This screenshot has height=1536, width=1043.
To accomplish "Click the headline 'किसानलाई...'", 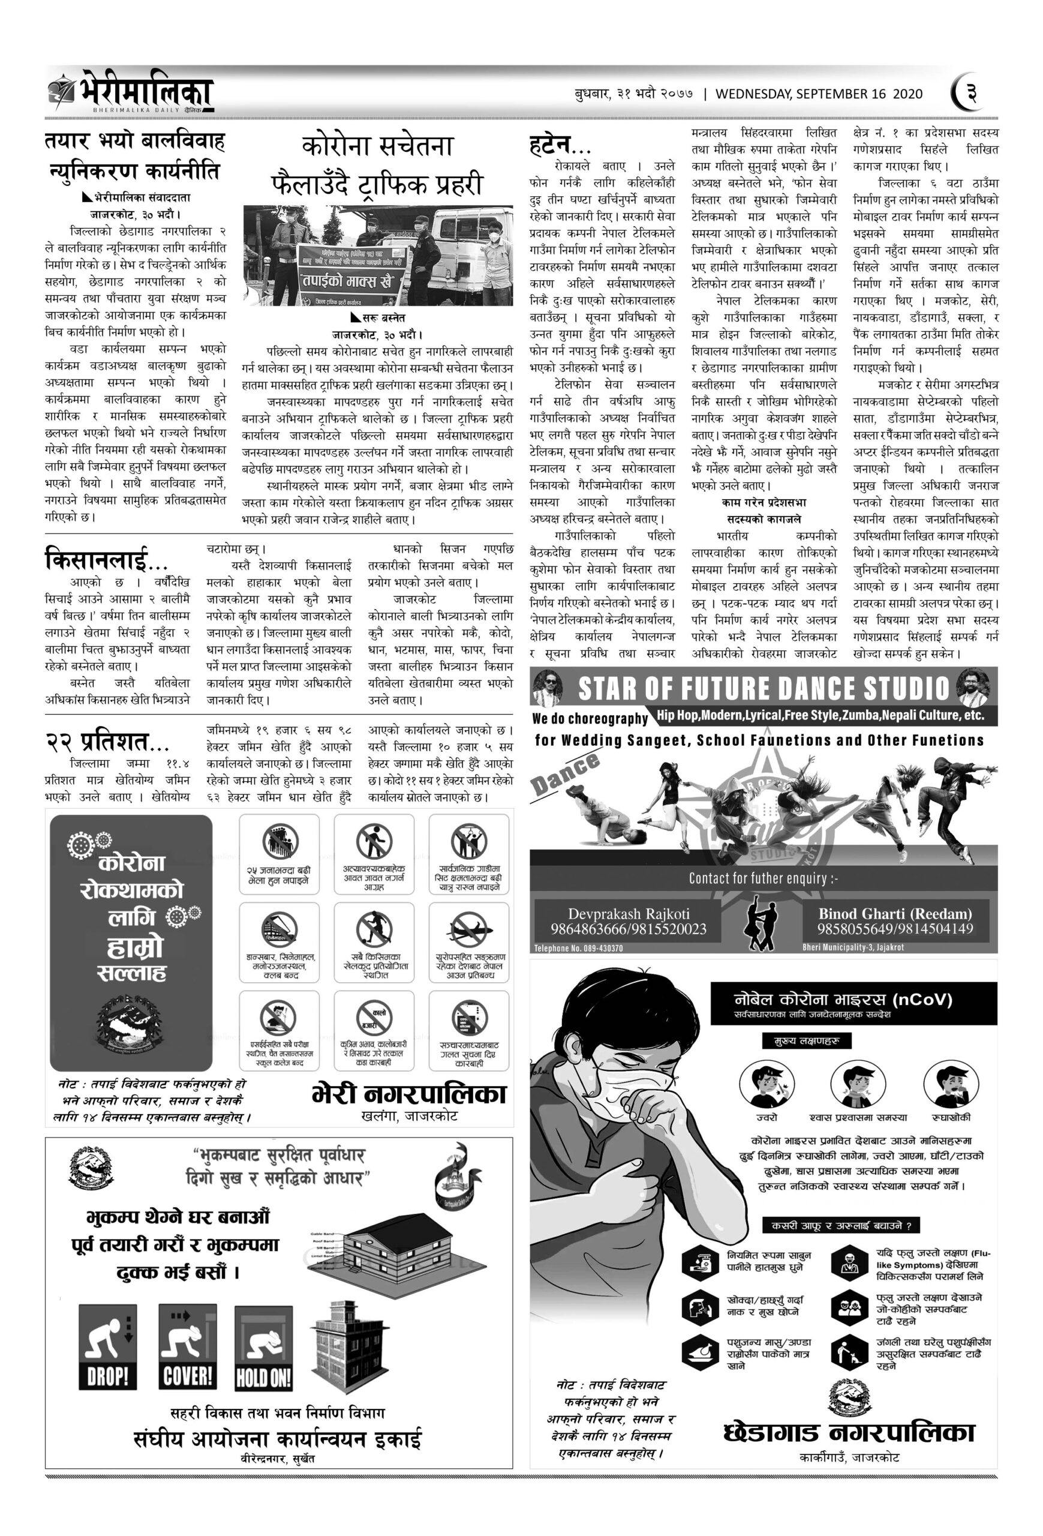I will click(106, 560).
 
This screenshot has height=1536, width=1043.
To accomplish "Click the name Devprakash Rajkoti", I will click(628, 914).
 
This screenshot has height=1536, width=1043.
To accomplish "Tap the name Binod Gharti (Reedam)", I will click(895, 914).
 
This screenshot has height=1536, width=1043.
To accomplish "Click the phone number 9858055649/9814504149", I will click(895, 929).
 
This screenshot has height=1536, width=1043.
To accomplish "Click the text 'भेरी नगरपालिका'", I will click(409, 1094).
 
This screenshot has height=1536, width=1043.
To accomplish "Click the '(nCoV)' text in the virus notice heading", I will click(921, 1000).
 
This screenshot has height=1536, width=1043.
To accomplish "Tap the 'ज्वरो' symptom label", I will click(767, 1117).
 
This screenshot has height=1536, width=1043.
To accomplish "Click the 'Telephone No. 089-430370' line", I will click(578, 948).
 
